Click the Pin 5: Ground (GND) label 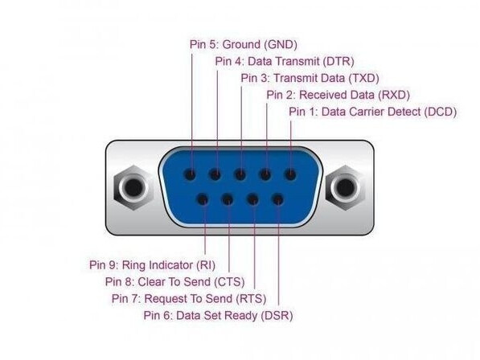pyautogui.click(x=244, y=45)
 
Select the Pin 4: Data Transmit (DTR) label pyautogui.click(x=285, y=62)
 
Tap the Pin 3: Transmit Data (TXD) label pyautogui.click(x=310, y=78)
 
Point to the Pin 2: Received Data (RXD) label pyautogui.click(x=338, y=95)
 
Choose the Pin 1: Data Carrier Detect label pyautogui.click(x=372, y=112)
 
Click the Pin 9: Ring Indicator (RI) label pyautogui.click(x=152, y=265)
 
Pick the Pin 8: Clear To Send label pyautogui.click(x=174, y=282)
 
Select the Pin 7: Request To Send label pyautogui.click(x=189, y=298)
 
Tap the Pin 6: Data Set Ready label pyautogui.click(x=218, y=315)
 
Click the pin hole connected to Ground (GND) pyautogui.click(x=190, y=174)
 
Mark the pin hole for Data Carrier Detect pyautogui.click(x=290, y=174)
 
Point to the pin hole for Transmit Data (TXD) pyautogui.click(x=240, y=174)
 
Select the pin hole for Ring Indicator pyautogui.click(x=203, y=200)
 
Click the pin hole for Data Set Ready pyautogui.click(x=278, y=200)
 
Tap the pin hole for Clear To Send pyautogui.click(x=228, y=200)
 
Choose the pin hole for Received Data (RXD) pyautogui.click(x=265, y=174)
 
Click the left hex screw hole pyautogui.click(x=133, y=187)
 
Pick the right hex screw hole pyautogui.click(x=345, y=187)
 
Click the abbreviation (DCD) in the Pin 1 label pyautogui.click(x=441, y=112)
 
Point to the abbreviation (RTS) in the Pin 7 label pyautogui.click(x=252, y=298)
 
